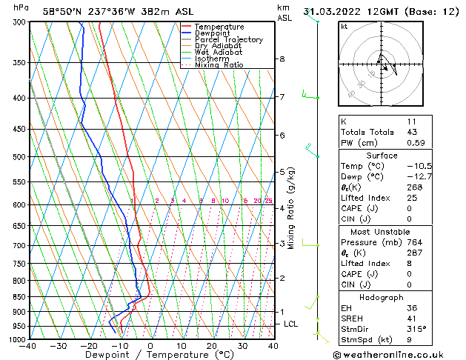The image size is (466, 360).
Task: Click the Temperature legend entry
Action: pyautogui.click(x=219, y=27)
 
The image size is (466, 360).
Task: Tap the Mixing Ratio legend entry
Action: pyautogui.click(x=219, y=65)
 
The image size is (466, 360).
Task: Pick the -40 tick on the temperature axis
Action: pyautogui.click(x=28, y=346)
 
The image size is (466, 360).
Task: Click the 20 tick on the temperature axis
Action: pyautogui.click(x=212, y=346)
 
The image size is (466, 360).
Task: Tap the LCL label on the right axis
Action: pyautogui.click(x=291, y=324)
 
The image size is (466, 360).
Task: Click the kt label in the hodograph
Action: pyautogui.click(x=344, y=26)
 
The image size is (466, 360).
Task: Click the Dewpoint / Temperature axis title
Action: pyautogui.click(x=151, y=356)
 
